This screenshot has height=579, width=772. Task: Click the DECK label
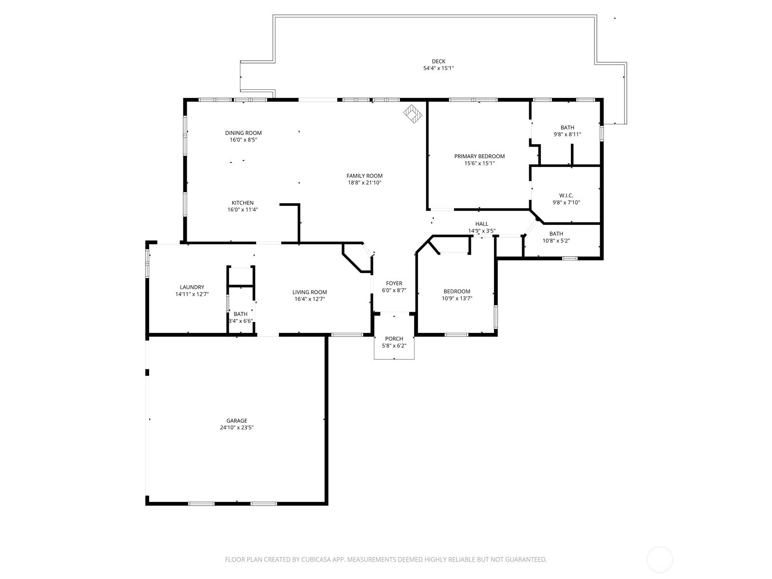[x=438, y=61]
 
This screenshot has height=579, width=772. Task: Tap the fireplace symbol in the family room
[x=413, y=114]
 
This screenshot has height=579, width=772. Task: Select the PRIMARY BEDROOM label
[x=479, y=156]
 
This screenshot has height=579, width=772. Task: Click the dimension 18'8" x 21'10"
[x=364, y=183]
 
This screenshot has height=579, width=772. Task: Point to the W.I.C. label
[x=566, y=195]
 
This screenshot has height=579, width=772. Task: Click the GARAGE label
[x=236, y=421]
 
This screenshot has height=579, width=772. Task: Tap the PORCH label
[x=394, y=339]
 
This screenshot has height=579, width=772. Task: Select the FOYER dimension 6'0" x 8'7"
[x=394, y=290]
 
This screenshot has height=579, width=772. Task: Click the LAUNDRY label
[x=192, y=287]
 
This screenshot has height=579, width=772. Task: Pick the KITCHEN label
[x=242, y=203]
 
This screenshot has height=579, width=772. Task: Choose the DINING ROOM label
[x=243, y=133]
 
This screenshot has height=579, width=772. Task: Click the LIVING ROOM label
[x=309, y=292]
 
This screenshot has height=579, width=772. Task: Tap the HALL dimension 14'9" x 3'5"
[x=482, y=231]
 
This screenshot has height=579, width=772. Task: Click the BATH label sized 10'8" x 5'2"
[x=556, y=234]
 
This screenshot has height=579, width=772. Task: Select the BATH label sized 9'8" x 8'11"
[x=567, y=128]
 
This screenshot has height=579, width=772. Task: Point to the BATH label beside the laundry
[x=240, y=314]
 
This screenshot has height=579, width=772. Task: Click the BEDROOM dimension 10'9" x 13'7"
[x=456, y=299]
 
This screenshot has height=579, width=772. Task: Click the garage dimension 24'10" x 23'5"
[x=236, y=427]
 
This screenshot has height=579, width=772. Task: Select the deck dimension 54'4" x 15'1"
[x=438, y=69]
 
